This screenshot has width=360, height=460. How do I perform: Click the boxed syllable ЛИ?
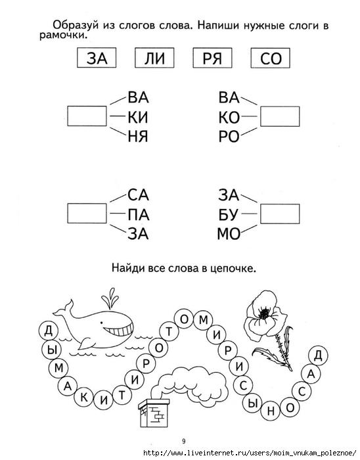click(x=154, y=58)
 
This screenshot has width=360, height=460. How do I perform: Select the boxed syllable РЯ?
click(x=212, y=58)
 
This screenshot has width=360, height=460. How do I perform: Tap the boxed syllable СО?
click(x=270, y=58)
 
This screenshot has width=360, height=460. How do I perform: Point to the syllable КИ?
click(x=138, y=118)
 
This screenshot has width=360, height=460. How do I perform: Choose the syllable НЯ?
click(x=138, y=137)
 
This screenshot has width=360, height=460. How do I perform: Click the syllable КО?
click(x=229, y=118)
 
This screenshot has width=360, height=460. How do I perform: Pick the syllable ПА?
click(x=139, y=215)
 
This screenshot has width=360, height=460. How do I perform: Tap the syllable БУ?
click(x=228, y=215)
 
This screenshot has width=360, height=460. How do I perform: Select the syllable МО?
click(x=229, y=234)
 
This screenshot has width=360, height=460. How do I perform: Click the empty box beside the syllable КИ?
click(x=87, y=116)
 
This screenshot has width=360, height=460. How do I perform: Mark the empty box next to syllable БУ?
click(x=280, y=214)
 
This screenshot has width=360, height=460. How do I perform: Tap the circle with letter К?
click(x=84, y=398)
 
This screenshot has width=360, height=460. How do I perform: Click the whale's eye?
click(x=101, y=323)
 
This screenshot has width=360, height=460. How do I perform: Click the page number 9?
click(x=184, y=441)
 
